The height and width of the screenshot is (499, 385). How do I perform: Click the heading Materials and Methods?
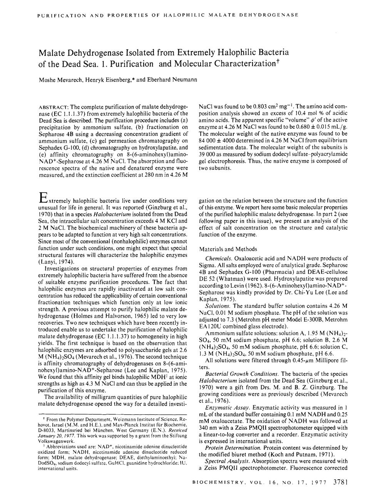[x=228, y=249]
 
